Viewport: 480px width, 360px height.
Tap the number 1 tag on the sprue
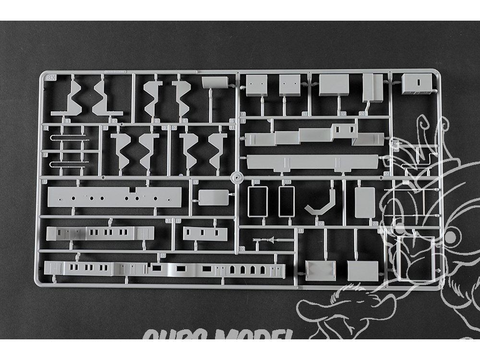point(67,120)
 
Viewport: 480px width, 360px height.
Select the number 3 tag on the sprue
point(156,120)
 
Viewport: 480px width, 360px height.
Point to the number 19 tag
point(343,114)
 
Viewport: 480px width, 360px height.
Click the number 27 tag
point(320,223)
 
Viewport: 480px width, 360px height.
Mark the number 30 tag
point(241,248)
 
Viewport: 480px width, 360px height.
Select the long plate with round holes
point(114,197)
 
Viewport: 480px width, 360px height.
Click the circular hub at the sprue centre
point(235,177)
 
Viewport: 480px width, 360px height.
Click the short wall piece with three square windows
point(205,233)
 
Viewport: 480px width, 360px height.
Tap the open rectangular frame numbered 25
point(257,202)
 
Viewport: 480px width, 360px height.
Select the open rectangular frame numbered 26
point(286,202)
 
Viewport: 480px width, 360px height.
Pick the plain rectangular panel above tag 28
point(365,202)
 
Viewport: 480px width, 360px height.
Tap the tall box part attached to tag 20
point(372,88)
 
